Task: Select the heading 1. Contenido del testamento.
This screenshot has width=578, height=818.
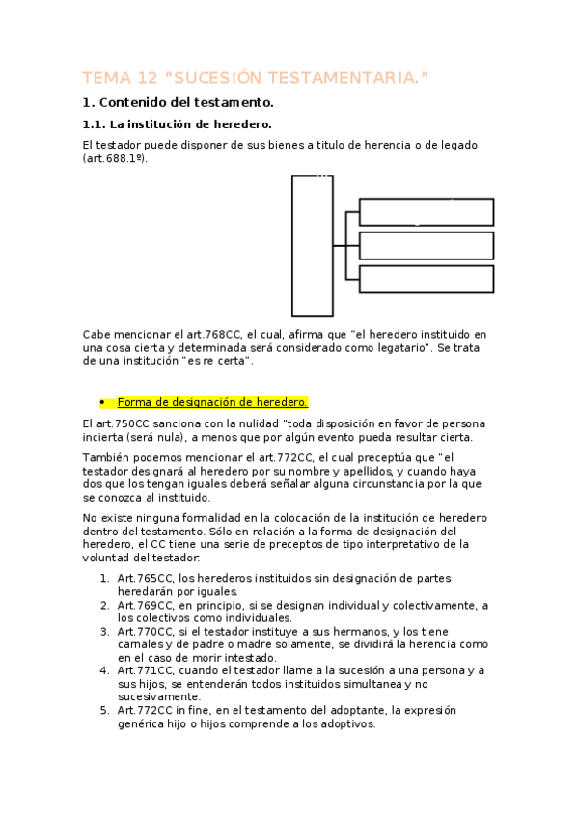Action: tap(179, 102)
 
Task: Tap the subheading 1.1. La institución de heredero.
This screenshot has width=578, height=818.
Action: tap(177, 124)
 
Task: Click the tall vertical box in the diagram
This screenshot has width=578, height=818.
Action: tap(312, 246)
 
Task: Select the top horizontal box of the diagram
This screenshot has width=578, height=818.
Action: tap(426, 211)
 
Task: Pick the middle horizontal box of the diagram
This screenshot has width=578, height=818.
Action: tap(426, 245)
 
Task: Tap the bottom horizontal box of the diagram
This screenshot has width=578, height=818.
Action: tap(426, 279)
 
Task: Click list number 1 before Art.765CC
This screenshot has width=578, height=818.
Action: tap(103, 578)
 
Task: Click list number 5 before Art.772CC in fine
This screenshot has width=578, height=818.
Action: tap(103, 710)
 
